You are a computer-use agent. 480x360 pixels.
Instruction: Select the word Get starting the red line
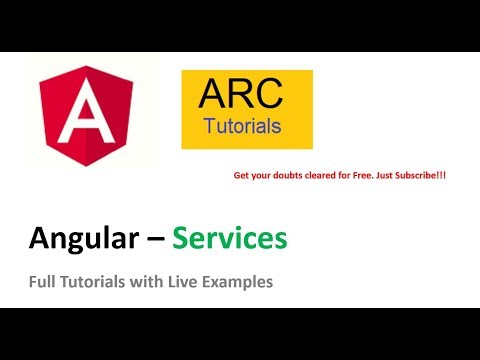(x=240, y=175)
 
